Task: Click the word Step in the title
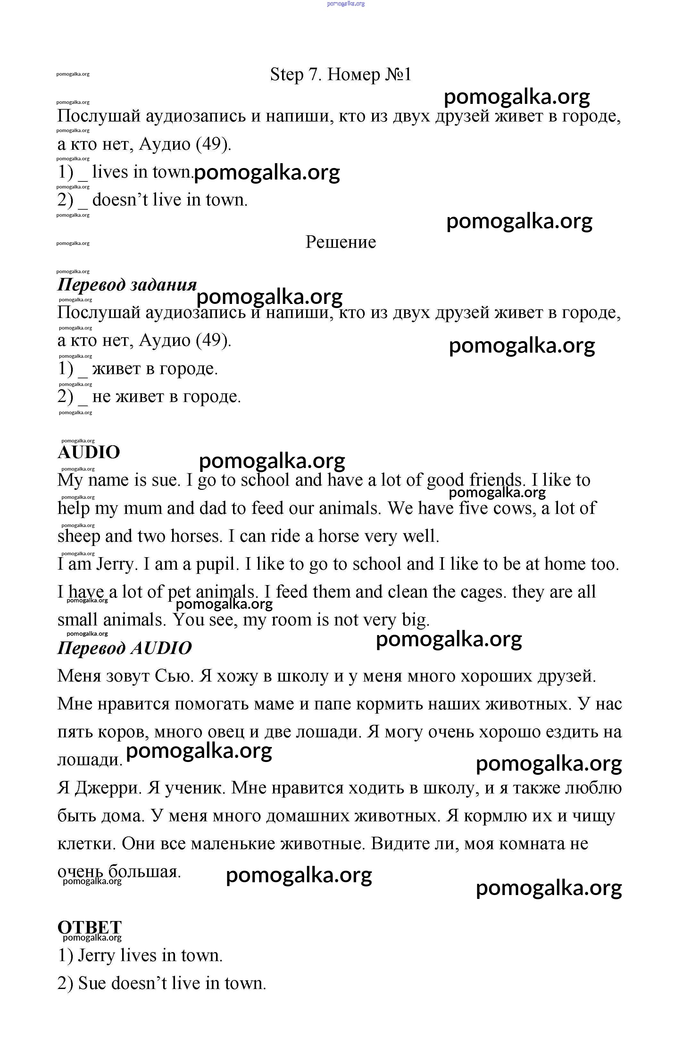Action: pyautogui.click(x=286, y=75)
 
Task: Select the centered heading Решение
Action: pyautogui.click(x=341, y=242)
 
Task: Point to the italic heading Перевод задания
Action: pyautogui.click(x=127, y=285)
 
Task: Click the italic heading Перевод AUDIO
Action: pyautogui.click(x=124, y=648)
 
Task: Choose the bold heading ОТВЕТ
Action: pyautogui.click(x=89, y=927)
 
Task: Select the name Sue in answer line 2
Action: pyautogui.click(x=92, y=984)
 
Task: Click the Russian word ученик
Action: pyautogui.click(x=195, y=788)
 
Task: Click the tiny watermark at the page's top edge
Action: pyautogui.click(x=345, y=4)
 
